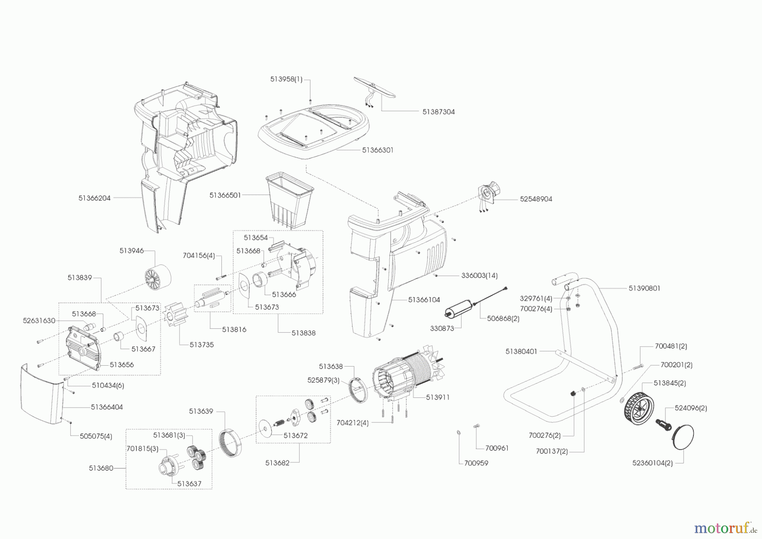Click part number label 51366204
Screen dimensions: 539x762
94,198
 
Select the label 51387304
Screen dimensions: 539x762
438,112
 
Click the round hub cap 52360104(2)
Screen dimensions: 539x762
682,436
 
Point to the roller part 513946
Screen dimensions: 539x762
157,277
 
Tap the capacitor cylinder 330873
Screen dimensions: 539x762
458,309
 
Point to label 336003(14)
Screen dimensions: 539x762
479,275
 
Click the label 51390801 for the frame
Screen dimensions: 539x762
644,288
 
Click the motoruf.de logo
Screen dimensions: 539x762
725,528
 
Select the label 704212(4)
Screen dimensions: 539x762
352,423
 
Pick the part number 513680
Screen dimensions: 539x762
101,468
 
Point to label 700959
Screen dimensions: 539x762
476,463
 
